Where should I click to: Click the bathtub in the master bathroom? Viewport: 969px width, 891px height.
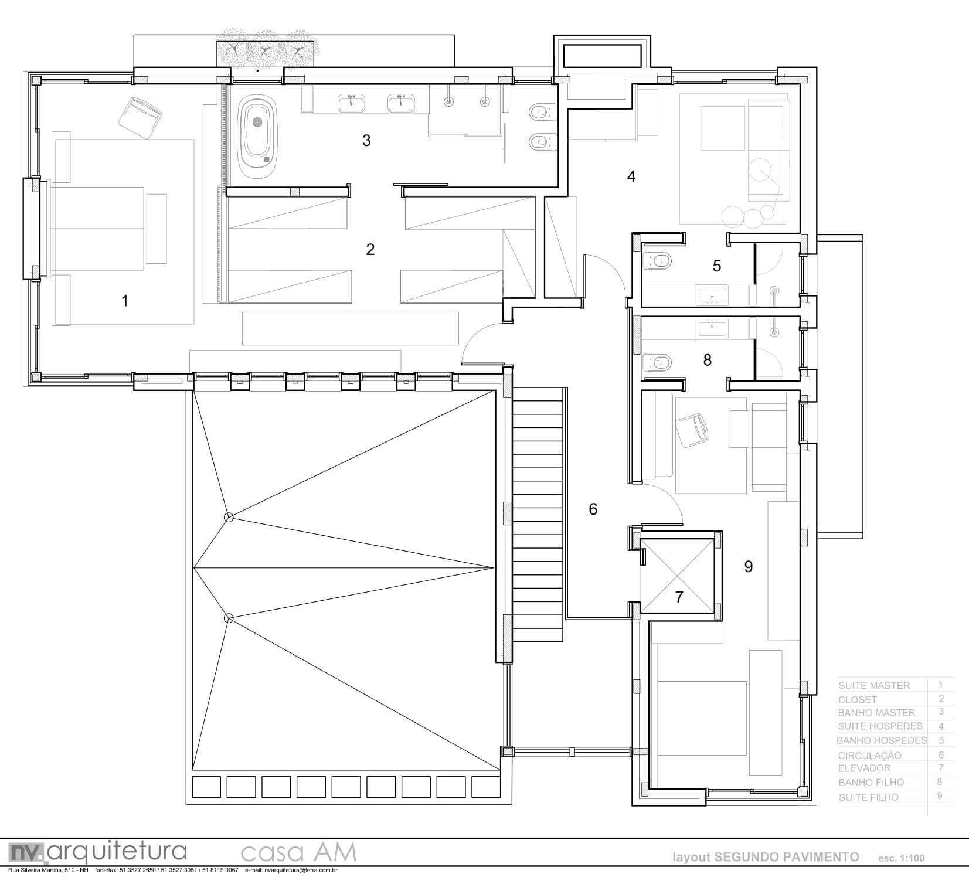coord(259,136)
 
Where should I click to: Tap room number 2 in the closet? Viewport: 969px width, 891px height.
coord(370,250)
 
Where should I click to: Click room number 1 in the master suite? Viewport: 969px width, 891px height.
coord(124,301)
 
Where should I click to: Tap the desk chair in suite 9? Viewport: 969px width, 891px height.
coord(693,429)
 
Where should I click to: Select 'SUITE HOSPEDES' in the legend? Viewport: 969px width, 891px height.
coord(880,726)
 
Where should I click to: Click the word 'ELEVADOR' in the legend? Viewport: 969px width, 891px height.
coord(864,768)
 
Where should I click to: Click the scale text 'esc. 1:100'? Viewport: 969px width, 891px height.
coord(901,858)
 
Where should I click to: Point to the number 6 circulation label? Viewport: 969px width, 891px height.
coord(593,509)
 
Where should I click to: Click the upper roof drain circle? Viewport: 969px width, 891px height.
coord(229,517)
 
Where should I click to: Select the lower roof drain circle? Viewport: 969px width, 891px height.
coord(229,618)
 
